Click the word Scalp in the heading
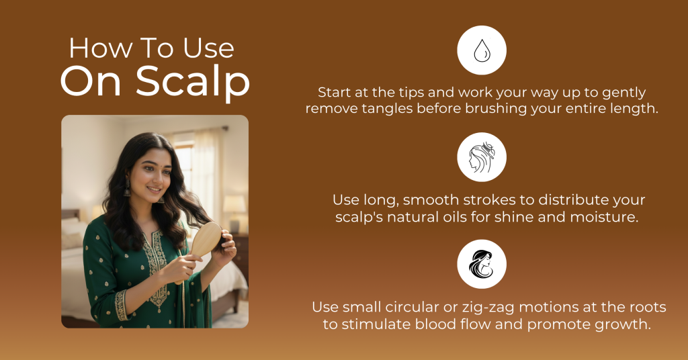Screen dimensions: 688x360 point(193,81)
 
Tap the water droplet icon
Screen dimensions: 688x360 point(482,50)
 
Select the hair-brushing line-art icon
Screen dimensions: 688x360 point(482,157)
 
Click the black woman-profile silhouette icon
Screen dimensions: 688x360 point(481,264)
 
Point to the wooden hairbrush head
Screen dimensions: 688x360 point(206,239)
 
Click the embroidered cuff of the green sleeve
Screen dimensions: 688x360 point(122,305)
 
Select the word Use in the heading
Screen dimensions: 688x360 point(208,48)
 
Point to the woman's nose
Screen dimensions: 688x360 point(157,179)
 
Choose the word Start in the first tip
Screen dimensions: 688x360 point(335,93)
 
